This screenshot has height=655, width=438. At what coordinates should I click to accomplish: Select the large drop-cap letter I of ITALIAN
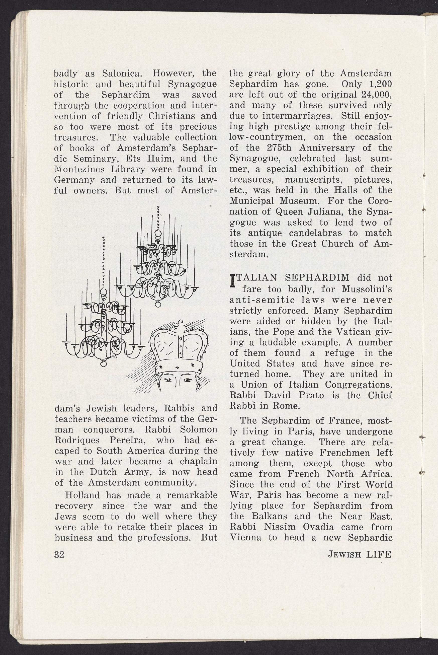232,281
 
